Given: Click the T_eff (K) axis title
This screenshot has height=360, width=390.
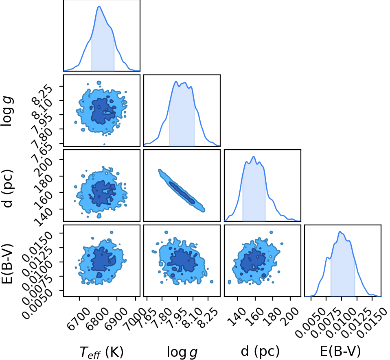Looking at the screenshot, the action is click(x=101, y=352).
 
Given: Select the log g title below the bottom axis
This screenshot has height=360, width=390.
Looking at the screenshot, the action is click(x=182, y=352).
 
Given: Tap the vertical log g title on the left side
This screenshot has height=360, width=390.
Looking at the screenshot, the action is click(x=7, y=112).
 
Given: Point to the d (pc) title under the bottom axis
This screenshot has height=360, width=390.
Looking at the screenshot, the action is click(x=260, y=351).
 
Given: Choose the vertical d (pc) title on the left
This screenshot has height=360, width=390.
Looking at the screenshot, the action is click(x=7, y=189).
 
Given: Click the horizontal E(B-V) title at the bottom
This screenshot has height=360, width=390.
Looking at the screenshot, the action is click(x=340, y=351).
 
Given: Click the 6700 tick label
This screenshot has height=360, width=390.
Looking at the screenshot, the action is click(x=79, y=319).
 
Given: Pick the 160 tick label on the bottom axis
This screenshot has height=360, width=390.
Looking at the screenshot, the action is click(x=254, y=316).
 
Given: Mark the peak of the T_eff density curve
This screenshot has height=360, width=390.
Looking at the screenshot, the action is click(x=99, y=6).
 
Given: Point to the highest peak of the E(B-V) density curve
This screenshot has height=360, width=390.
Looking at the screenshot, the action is click(x=340, y=232).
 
